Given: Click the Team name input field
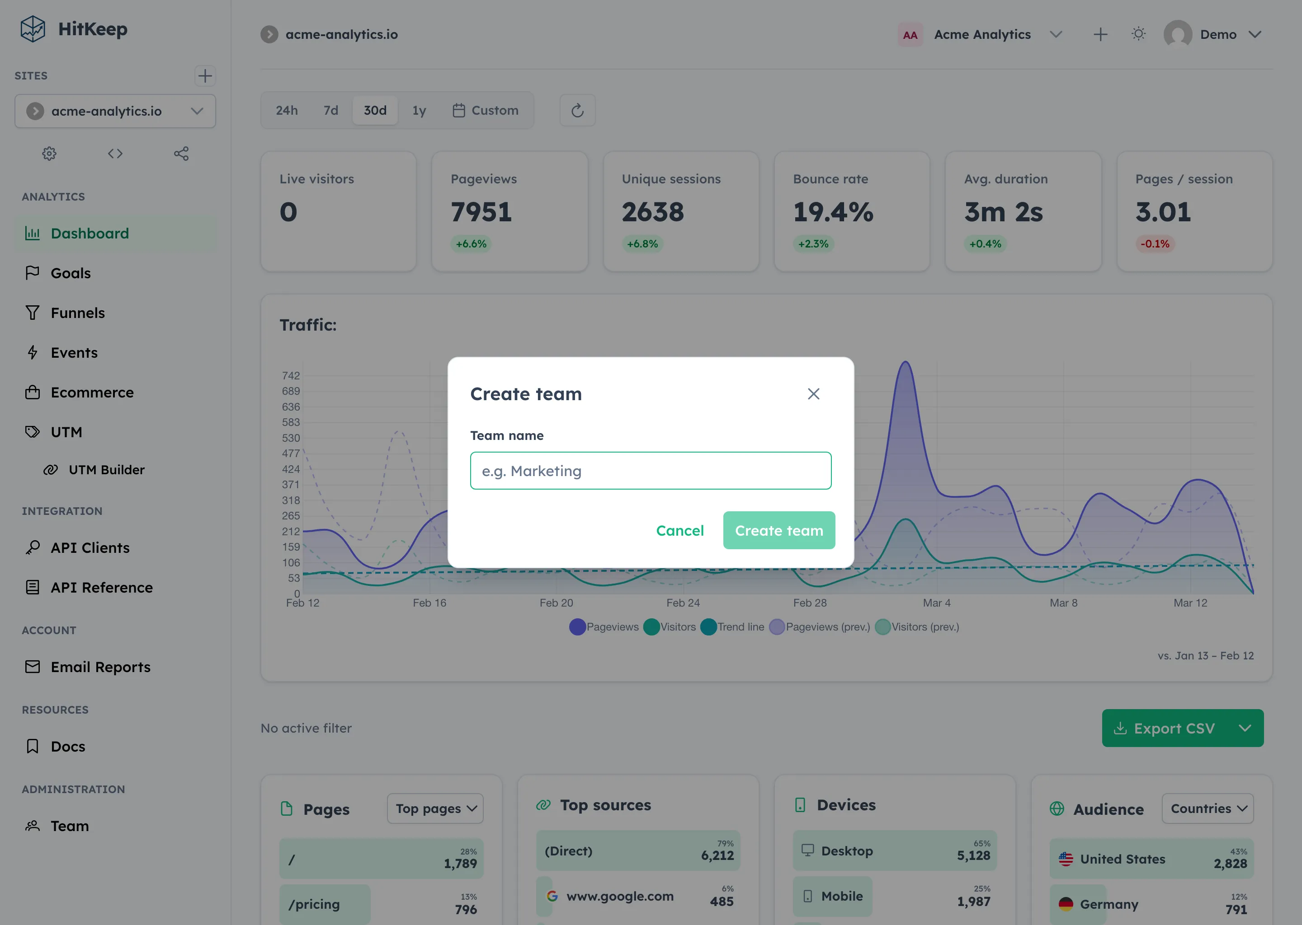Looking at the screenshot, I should (x=651, y=471).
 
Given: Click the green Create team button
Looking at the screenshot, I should (x=778, y=530).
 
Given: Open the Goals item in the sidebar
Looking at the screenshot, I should (x=71, y=273).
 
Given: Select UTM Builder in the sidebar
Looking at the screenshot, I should (x=106, y=470).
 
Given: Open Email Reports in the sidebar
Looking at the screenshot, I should (x=100, y=667).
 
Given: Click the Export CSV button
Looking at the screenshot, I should (x=1173, y=728).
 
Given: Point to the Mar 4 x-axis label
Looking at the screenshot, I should (x=937, y=603).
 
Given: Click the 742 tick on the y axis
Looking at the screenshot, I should (x=291, y=375).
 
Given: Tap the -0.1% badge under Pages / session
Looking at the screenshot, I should (x=1154, y=244).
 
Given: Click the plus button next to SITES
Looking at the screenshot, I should (x=205, y=76).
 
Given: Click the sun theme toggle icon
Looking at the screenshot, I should (x=1138, y=34).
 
